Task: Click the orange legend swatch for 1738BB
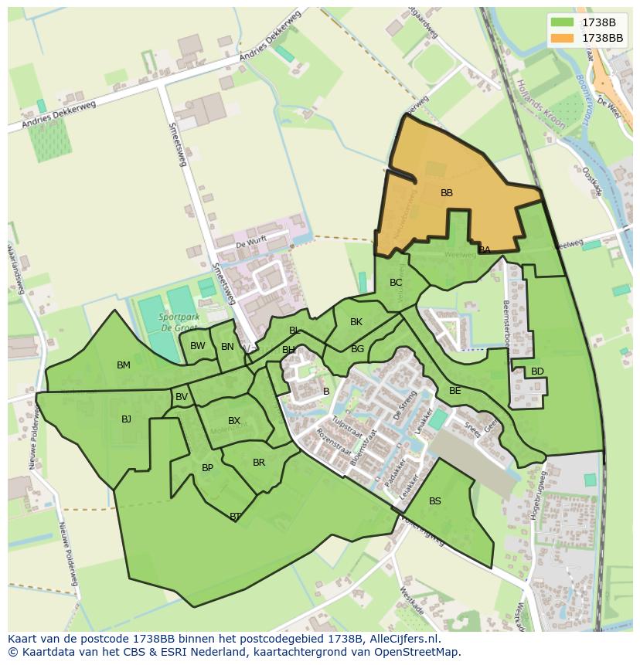(563, 37)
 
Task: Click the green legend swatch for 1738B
(563, 22)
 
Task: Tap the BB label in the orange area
(447, 193)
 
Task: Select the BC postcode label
(396, 283)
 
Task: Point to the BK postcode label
(356, 322)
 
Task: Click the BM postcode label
(124, 365)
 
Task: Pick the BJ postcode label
(127, 419)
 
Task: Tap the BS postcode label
(435, 501)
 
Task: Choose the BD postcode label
(537, 372)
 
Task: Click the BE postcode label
(455, 391)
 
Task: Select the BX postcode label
(234, 421)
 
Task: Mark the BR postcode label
(259, 463)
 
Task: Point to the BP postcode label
(207, 468)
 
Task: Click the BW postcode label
(198, 346)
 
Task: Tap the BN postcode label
(227, 347)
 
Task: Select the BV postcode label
(182, 397)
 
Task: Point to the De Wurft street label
(251, 242)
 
